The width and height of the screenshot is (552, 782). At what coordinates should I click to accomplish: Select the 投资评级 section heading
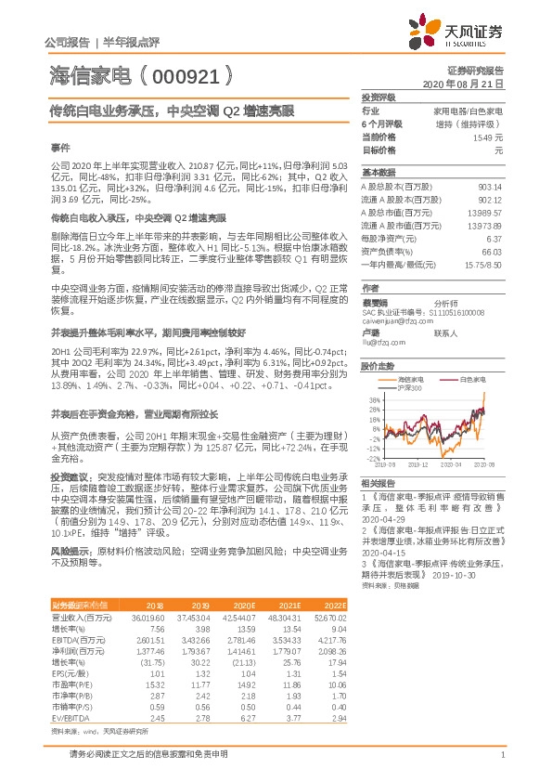[x=379, y=97]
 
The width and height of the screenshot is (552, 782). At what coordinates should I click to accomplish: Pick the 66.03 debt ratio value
[x=489, y=251]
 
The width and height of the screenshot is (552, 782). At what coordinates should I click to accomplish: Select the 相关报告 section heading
[x=379, y=483]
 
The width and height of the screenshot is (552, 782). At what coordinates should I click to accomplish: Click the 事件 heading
[x=59, y=147]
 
